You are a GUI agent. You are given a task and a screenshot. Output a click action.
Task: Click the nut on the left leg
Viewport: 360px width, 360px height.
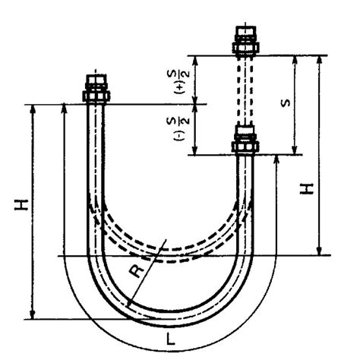click(x=96, y=94)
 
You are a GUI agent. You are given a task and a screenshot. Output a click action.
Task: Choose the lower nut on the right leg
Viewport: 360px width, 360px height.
click(x=246, y=142)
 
